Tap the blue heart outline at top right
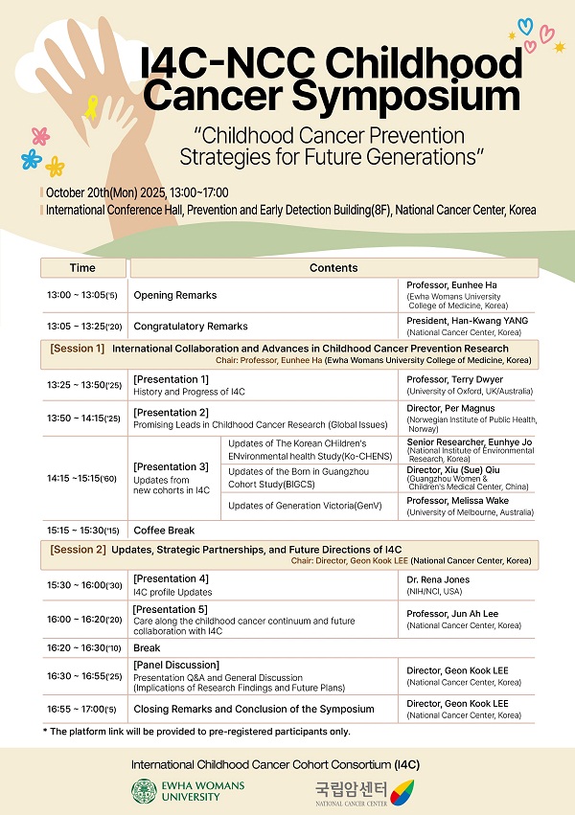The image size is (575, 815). tap(525, 26)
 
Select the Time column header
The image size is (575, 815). tap(82, 268)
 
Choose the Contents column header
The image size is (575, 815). tap(333, 268)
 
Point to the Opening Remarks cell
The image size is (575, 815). tap(175, 295)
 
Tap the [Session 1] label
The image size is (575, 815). tap(78, 349)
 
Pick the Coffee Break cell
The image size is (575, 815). tap(164, 531)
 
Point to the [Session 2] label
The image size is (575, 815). tap(78, 550)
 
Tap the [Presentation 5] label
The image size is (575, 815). tap(171, 610)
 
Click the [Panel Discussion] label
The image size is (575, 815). tap(176, 666)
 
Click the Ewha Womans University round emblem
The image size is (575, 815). tap(145, 792)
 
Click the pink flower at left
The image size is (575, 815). tap(39, 136)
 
